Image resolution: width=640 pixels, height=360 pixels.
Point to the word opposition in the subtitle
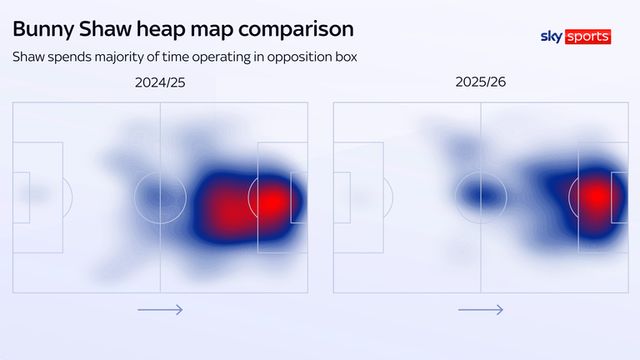coord(292,57)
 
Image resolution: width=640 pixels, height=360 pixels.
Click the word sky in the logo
coord(552,37)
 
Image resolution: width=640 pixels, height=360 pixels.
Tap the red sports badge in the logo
coord(587,37)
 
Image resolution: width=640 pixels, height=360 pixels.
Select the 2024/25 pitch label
coord(160,83)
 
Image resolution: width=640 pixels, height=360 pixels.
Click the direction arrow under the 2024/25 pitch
coord(160,310)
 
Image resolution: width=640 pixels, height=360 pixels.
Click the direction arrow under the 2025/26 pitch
coord(480,310)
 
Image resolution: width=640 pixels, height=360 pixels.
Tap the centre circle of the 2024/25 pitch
coord(160,197)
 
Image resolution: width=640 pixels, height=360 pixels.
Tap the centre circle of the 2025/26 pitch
coord(480,197)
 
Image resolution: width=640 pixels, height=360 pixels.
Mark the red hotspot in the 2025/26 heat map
coord(595,197)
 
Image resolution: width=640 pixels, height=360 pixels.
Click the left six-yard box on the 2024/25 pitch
coord(21,197)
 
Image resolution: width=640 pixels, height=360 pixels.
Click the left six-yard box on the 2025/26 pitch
coord(342,197)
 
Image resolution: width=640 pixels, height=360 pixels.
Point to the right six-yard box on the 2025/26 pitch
coord(620,197)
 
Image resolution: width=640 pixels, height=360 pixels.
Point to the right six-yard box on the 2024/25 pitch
coord(298,197)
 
